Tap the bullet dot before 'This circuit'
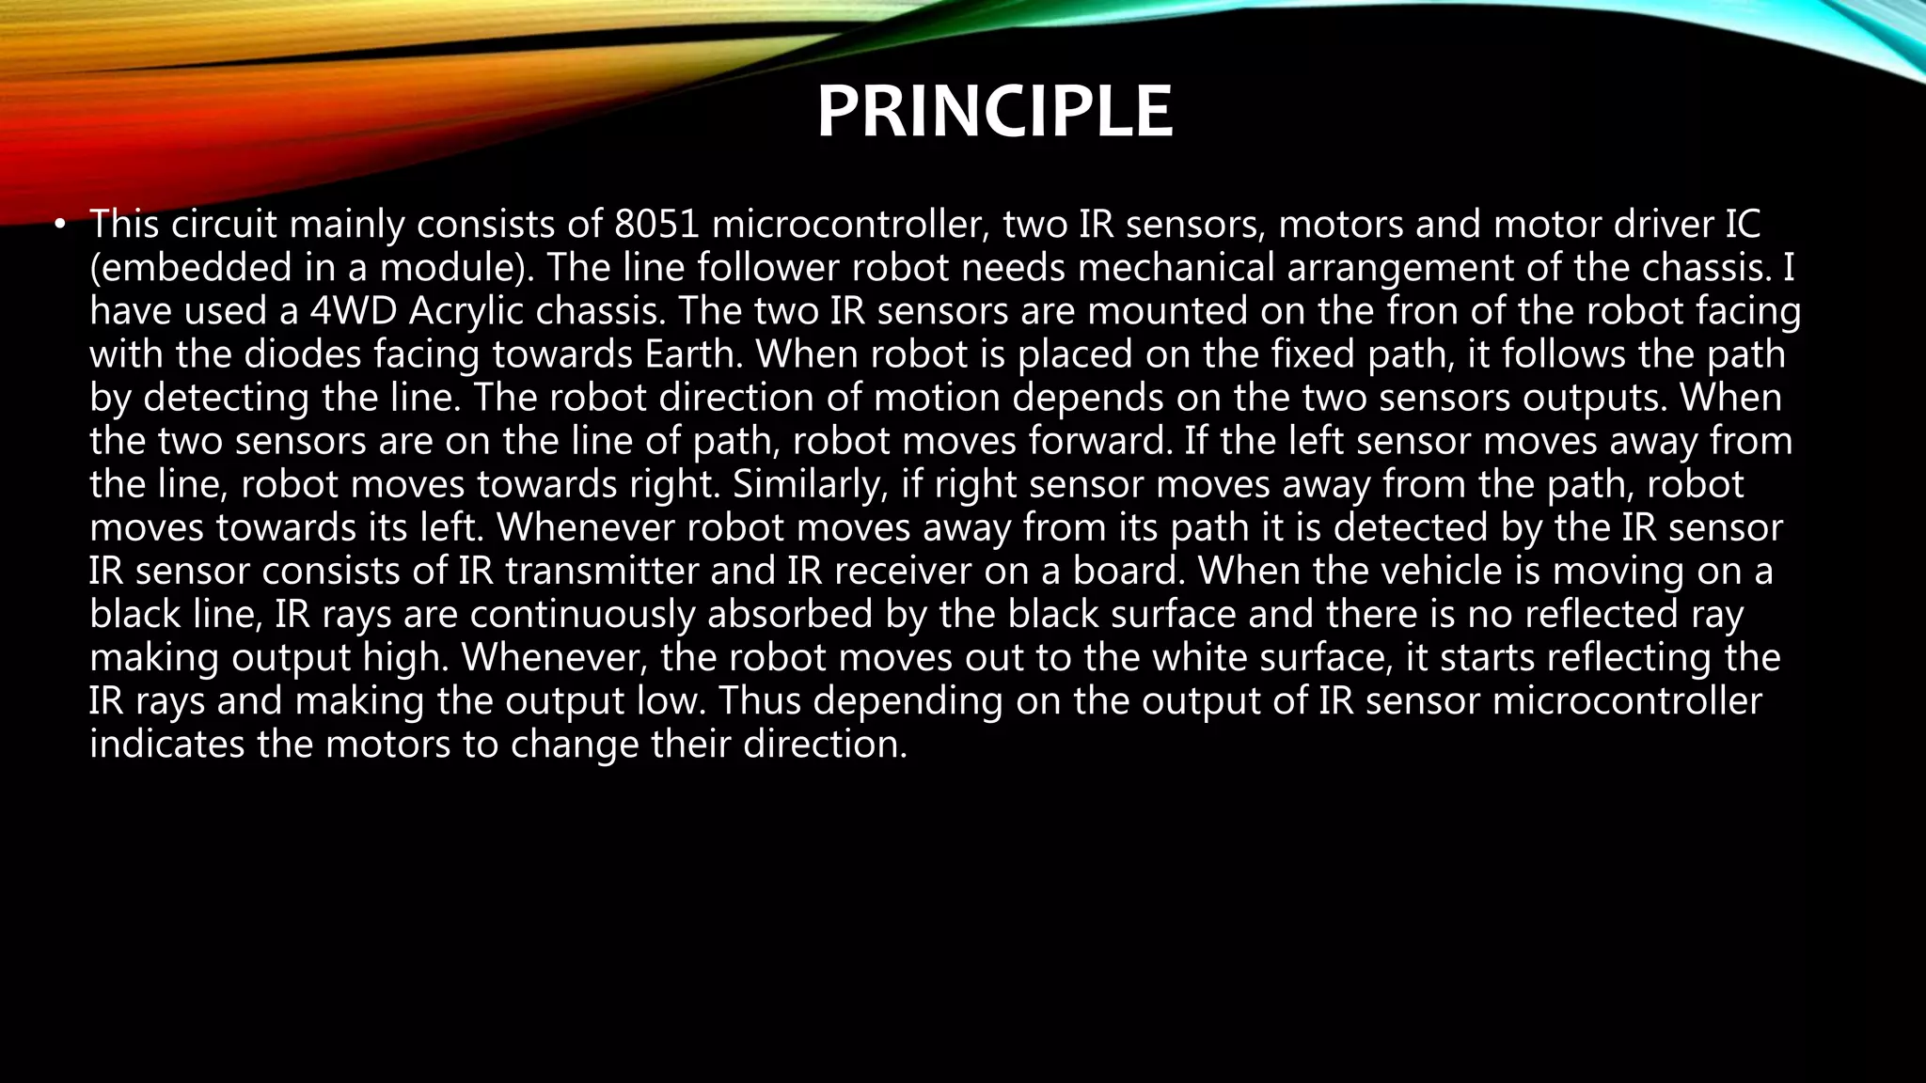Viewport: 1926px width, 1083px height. point(59,224)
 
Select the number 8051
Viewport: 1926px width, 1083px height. point(656,225)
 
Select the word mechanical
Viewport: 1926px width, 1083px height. point(1176,268)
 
